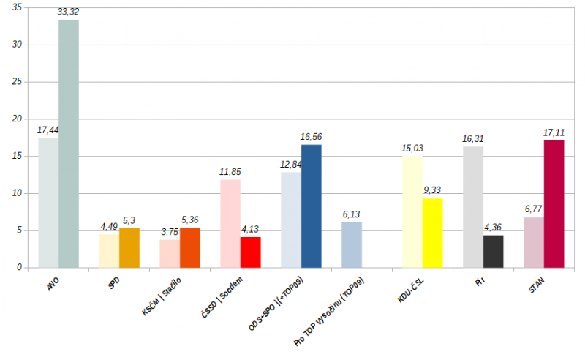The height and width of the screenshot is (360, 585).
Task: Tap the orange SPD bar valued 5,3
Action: (129, 248)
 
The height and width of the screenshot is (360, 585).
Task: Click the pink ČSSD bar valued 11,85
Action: (230, 223)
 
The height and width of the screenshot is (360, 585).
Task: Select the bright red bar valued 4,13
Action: (251, 252)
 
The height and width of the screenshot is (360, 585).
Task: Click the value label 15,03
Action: (412, 148)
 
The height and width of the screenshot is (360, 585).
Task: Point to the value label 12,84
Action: (291, 164)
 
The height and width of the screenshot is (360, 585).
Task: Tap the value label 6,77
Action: (534, 209)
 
